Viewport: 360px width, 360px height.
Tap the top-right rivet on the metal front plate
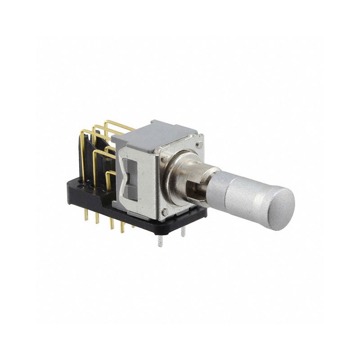(x=198, y=145)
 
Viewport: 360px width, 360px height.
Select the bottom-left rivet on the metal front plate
(x=165, y=211)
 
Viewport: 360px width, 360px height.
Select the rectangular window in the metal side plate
(x=130, y=180)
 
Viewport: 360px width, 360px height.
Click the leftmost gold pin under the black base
(x=85, y=215)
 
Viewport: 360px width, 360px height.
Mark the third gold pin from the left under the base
(x=111, y=223)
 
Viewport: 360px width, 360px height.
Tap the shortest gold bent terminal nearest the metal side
(x=109, y=178)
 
